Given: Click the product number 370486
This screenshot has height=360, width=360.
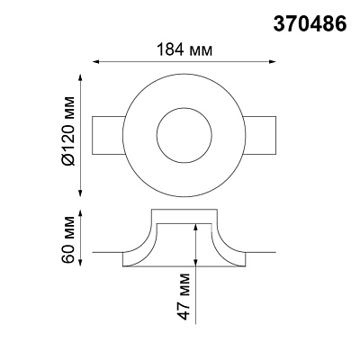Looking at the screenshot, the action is (x=310, y=23).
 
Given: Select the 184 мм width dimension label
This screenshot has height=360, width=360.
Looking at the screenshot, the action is (x=184, y=49).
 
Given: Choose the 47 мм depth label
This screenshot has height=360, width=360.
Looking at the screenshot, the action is (x=184, y=296).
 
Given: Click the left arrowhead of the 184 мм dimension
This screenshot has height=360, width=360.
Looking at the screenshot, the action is (x=95, y=62).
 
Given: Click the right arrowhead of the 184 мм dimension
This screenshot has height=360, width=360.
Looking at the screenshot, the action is (x=272, y=62).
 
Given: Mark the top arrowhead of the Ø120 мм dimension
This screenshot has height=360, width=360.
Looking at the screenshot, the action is (x=80, y=77).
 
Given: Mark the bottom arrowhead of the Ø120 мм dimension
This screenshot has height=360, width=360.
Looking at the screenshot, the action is (x=80, y=193).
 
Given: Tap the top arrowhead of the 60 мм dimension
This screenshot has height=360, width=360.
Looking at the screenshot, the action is (x=80, y=214).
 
